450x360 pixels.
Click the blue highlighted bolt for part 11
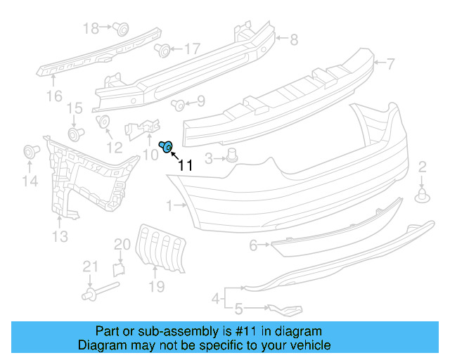pos(166,147)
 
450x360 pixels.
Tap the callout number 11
pos(185,166)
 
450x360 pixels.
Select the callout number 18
pos(91,28)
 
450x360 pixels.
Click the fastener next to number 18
pos(121,29)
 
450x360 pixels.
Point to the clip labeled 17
pos(162,50)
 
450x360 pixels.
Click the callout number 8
pos(295,39)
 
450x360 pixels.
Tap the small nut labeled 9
pos(178,105)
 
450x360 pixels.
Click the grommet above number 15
pos(74,133)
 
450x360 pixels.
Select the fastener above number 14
pos(30,151)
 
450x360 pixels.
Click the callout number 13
pos(60,237)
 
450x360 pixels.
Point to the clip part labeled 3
pos(233,156)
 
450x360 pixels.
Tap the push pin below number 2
pos(423,195)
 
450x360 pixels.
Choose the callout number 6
pos(254,245)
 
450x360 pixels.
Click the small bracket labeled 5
pos(284,309)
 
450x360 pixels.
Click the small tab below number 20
pos(119,268)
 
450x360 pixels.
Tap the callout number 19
pos(156,286)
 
